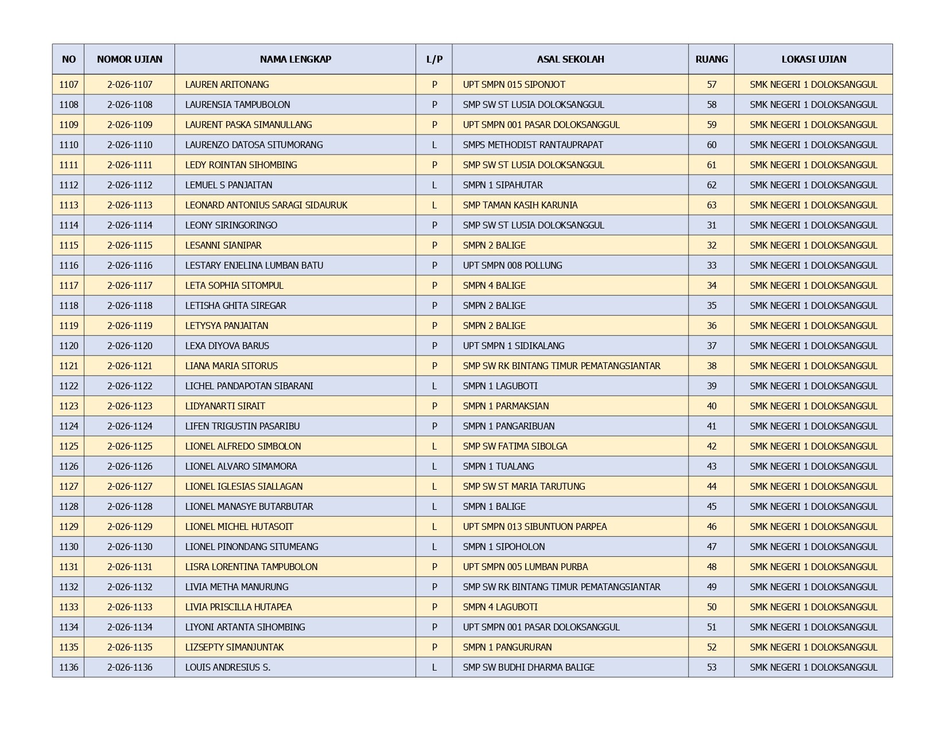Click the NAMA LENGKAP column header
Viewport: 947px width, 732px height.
click(295, 59)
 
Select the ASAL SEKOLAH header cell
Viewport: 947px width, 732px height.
click(570, 59)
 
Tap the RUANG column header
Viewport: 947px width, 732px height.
click(711, 59)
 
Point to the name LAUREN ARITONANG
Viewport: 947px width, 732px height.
click(227, 84)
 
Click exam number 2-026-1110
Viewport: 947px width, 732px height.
click(130, 145)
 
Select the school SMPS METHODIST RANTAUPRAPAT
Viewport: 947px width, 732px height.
click(533, 145)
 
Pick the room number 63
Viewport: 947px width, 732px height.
click(711, 205)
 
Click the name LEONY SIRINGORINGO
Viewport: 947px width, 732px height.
click(231, 225)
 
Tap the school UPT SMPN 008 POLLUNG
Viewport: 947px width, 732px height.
click(512, 265)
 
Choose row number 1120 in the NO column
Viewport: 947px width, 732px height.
click(68, 346)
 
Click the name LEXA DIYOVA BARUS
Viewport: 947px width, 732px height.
click(227, 346)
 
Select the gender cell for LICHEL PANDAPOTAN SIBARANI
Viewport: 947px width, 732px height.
click(434, 386)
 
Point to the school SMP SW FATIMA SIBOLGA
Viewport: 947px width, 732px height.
click(515, 446)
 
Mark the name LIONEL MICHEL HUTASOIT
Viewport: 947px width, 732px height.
click(239, 526)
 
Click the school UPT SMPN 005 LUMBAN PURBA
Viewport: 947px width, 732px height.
click(525, 567)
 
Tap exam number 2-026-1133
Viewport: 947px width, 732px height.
click(130, 607)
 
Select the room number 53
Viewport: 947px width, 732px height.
click(711, 667)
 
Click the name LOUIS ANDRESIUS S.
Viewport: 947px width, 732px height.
click(227, 667)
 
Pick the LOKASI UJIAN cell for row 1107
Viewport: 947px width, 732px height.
click(813, 84)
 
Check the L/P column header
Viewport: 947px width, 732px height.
click(434, 59)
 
